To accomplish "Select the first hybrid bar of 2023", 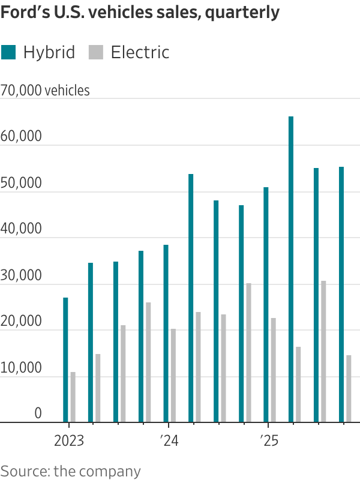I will (65, 360).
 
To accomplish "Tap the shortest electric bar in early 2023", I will (73, 397).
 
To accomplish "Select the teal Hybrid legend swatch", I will (8, 52).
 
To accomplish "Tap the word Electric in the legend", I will (140, 52).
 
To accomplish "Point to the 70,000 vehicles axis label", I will (46, 91).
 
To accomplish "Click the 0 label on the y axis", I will (37, 414).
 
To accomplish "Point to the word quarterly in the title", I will (243, 13).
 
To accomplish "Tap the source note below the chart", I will (70, 470).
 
